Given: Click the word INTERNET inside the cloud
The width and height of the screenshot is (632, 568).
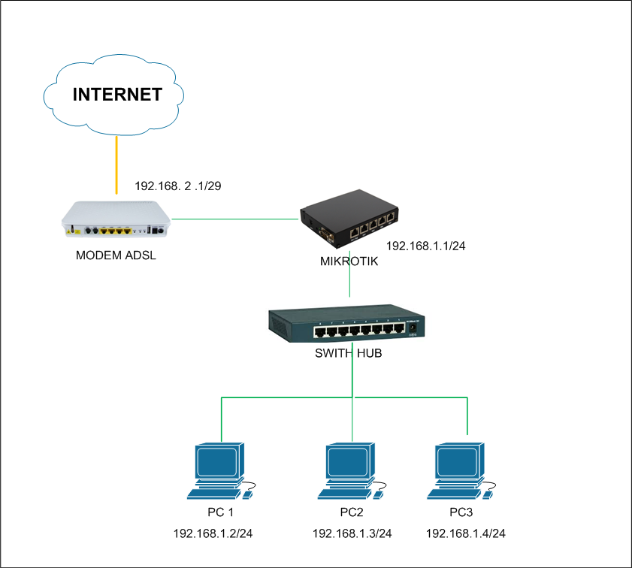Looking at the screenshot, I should [116, 95].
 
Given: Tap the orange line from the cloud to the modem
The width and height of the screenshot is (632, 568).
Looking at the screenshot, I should [116, 169].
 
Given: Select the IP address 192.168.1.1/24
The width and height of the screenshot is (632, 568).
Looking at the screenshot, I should [426, 246].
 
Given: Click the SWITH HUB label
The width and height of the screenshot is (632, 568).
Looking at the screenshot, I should [348, 352].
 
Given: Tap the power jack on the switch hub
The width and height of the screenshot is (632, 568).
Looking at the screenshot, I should [412, 328].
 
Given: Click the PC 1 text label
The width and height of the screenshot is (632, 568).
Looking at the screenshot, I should [221, 513].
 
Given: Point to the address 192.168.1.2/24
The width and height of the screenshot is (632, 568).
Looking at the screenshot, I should [213, 533].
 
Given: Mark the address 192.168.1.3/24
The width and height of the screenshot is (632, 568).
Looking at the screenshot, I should [352, 533].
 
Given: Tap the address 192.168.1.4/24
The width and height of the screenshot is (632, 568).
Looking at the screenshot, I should [466, 533].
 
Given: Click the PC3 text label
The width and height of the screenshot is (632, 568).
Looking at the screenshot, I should [461, 513].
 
